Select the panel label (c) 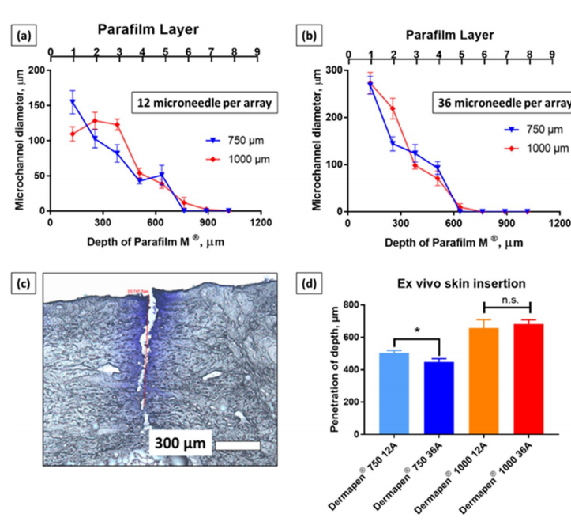(x=19, y=282)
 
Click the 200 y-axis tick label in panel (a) (x=36, y=70)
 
